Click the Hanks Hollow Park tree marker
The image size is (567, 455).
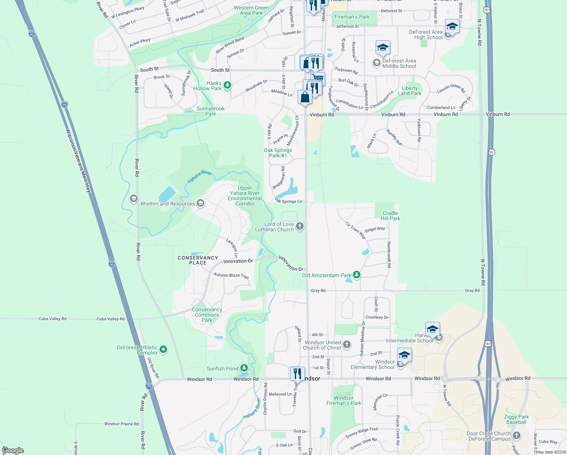[227, 85]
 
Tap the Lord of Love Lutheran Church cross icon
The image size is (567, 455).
[300, 226]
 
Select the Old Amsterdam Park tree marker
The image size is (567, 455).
[356, 274]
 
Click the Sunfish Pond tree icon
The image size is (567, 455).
[244, 368]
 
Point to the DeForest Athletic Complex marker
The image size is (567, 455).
[163, 349]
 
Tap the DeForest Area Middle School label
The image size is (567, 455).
[399, 63]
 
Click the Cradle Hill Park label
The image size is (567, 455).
[390, 216]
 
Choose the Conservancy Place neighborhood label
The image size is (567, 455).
[198, 260]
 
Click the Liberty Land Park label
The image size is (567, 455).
[409, 91]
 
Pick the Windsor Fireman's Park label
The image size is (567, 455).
[343, 400]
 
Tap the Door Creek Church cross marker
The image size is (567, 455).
[517, 436]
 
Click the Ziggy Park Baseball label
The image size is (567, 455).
[516, 419]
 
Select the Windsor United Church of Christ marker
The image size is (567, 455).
[347, 345]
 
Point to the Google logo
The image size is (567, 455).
[13, 450]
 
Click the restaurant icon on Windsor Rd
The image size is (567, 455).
[298, 374]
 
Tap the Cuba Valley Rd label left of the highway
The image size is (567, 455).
[52, 319]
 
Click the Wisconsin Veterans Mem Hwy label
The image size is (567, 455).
[78, 161]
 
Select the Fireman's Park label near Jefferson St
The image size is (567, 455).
[352, 17]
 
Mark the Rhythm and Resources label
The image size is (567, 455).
[168, 204]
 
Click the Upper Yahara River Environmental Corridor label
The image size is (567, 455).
[245, 196]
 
